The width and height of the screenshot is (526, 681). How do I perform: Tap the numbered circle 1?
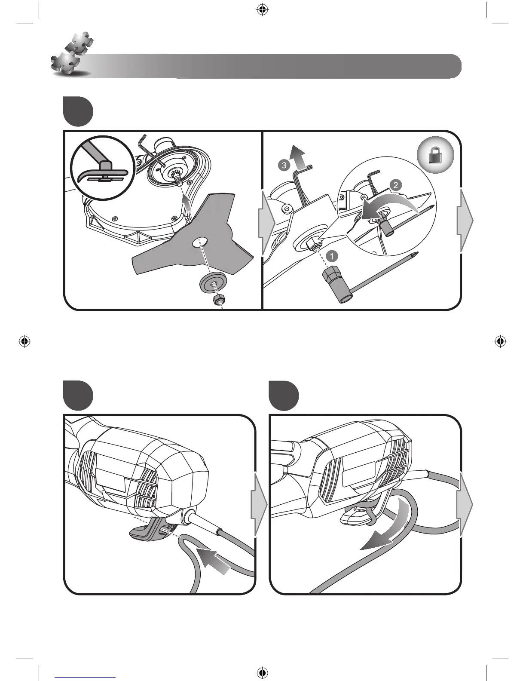click(x=331, y=256)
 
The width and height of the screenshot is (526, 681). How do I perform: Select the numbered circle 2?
click(x=395, y=185)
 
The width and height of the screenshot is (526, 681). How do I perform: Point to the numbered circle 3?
click(x=283, y=165)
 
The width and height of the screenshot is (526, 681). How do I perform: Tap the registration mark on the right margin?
click(x=499, y=341)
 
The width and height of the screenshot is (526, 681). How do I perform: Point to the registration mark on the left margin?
click(x=24, y=341)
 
